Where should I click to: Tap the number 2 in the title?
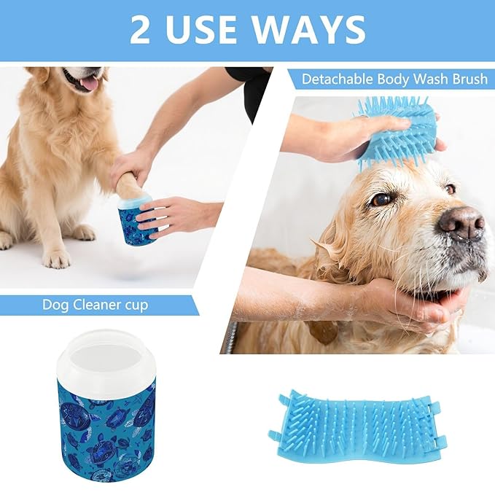point(141,29)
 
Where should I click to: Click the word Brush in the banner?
point(468,79)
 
